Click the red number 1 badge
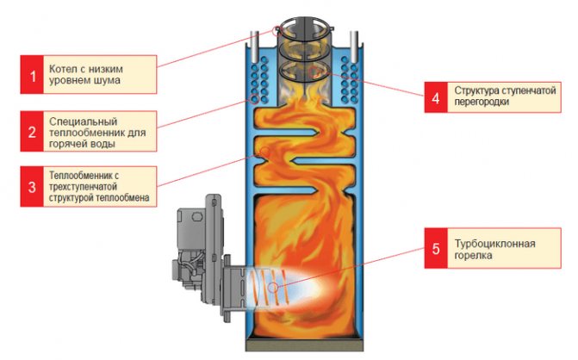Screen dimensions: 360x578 (x=34, y=75)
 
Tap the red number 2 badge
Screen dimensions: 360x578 (x=34, y=131)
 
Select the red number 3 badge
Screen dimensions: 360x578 (x=34, y=187)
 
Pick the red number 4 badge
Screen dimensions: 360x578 (x=435, y=97)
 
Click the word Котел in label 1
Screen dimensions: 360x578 (x=68, y=69)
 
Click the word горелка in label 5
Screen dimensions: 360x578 (x=475, y=256)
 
